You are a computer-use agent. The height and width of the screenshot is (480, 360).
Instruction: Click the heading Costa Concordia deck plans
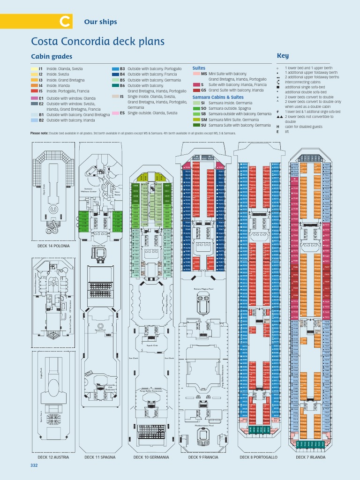coord(97,41)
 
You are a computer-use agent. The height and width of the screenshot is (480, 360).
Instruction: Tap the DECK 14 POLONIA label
coord(53,246)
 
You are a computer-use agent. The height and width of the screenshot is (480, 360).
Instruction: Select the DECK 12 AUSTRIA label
coord(53,457)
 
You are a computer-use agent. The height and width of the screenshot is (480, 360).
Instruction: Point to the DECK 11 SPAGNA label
coord(101,457)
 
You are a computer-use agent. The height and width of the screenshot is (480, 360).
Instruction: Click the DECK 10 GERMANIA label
coord(151,457)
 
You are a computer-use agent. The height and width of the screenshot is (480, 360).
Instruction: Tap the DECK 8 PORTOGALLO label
coord(258,457)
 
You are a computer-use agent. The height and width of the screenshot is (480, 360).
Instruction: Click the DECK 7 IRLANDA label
coord(310,457)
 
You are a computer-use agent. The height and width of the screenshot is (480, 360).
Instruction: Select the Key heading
coord(283,56)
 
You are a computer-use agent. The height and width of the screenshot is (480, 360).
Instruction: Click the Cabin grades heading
coord(52,57)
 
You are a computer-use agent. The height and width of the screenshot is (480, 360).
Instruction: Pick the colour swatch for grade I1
coord(34,69)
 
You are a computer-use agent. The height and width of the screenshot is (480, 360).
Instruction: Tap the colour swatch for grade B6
coord(115,85)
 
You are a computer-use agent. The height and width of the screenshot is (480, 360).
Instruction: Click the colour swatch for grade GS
coord(196,90)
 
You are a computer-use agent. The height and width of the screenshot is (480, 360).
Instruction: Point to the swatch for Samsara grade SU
coord(196,125)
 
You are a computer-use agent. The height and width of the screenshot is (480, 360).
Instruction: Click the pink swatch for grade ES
coord(115,113)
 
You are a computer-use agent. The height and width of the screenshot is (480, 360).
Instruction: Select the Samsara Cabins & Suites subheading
coord(218,97)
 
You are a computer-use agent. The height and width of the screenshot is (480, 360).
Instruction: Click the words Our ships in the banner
coord(100,22)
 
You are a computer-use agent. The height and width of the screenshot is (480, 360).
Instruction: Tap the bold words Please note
coord(39,133)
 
